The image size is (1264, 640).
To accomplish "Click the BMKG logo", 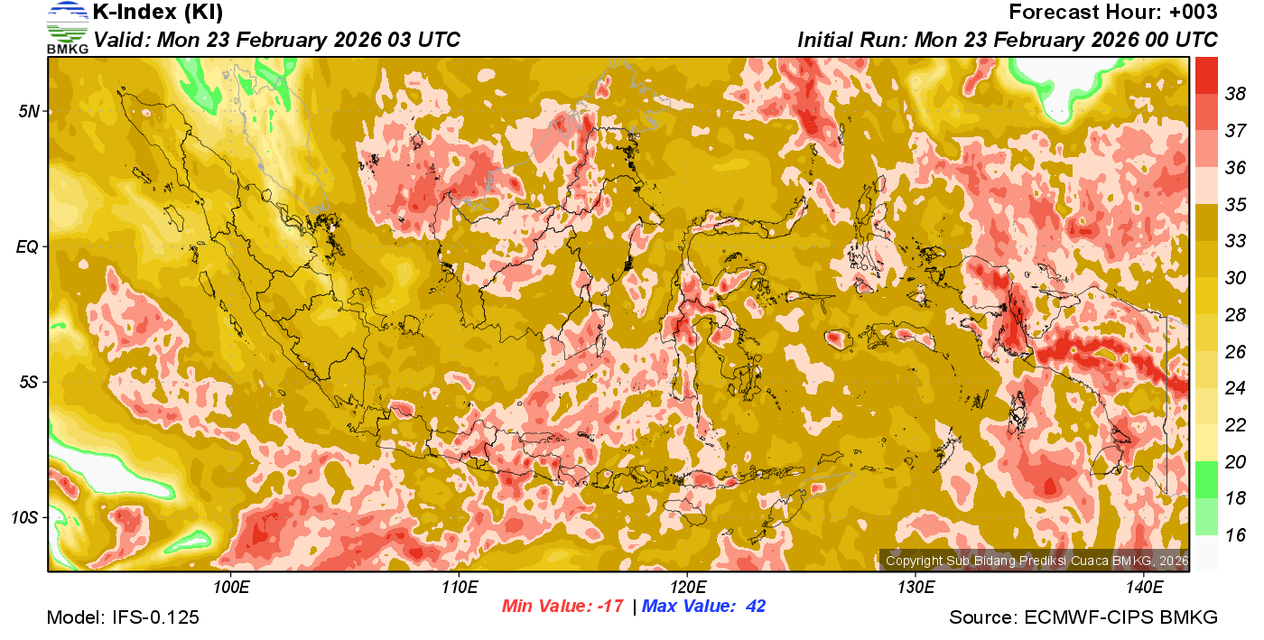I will point(67,27).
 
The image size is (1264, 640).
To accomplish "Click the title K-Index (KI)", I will point(158,13).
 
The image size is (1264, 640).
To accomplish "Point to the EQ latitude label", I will point(28,246).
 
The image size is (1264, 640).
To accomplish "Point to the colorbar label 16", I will point(1235,535).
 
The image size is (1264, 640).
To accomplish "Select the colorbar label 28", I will point(1235,315).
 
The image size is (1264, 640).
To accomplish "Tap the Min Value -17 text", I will point(562,607).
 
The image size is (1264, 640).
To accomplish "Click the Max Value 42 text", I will point(703,607).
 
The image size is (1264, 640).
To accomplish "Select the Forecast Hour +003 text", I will point(1112,13).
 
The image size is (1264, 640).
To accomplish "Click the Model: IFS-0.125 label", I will point(123,618).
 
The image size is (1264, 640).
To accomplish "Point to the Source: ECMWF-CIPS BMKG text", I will point(1083,618).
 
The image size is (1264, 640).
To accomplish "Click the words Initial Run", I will point(852,41).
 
